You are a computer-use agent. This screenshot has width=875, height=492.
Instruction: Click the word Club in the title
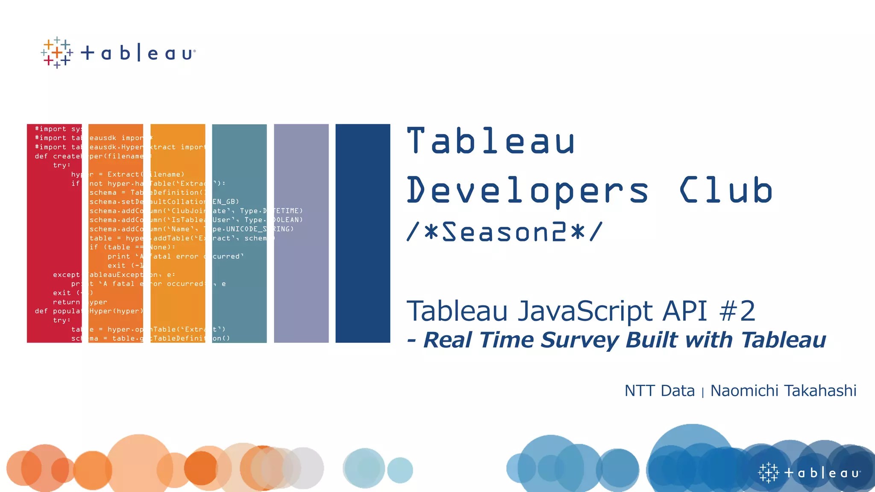tap(726, 190)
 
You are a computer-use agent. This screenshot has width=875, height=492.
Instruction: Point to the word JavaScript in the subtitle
tap(585, 311)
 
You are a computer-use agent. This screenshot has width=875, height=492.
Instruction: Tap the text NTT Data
tap(659, 391)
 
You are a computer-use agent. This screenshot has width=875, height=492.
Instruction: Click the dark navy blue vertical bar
tap(363, 233)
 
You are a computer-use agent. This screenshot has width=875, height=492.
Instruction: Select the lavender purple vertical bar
tap(301, 233)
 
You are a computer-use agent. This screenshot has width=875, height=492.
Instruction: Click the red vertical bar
tap(54, 233)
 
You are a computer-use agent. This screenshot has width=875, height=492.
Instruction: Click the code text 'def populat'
tap(58, 311)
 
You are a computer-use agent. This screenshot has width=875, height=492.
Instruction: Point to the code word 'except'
tap(66, 275)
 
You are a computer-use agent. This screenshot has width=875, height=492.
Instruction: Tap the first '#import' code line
tap(50, 129)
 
